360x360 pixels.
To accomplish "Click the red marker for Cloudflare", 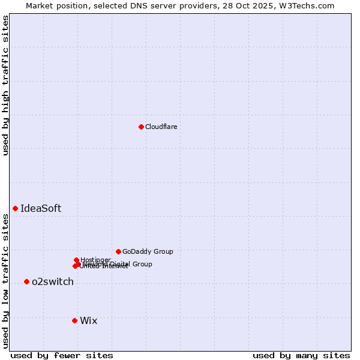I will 141,127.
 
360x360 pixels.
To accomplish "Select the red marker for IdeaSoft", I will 15,208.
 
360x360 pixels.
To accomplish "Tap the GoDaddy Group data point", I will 118,251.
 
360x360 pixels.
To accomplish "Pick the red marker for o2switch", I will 26,281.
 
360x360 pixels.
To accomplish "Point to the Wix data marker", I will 74,320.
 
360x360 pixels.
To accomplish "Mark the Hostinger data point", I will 76,260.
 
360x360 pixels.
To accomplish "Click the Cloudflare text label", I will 161,127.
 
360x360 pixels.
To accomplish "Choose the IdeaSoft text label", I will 41,208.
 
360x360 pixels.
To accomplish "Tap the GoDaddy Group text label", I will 148,251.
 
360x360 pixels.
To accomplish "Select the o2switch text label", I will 53,281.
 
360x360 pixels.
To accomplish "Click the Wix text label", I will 89,320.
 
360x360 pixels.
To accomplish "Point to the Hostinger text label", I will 96,259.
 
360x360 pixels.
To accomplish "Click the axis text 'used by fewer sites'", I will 62,355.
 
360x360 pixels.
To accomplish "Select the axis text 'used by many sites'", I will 301,355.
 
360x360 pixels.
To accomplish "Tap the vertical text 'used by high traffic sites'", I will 5,85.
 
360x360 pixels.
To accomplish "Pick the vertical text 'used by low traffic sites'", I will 5,281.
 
